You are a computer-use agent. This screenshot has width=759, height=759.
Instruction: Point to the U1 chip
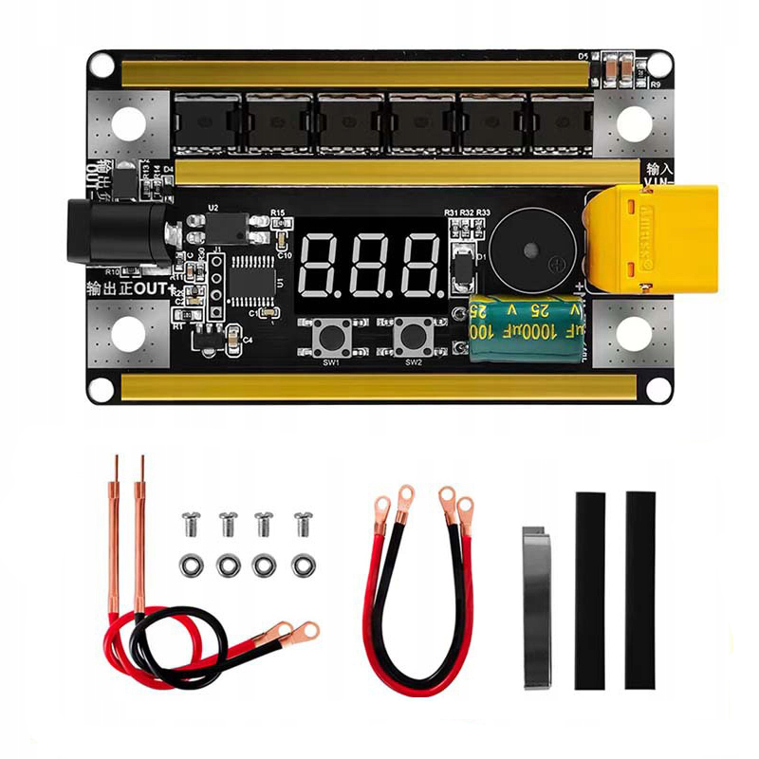(x=253, y=277)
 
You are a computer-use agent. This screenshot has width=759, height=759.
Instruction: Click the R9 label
(x=654, y=84)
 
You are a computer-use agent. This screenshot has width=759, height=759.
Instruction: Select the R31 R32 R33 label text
(x=467, y=212)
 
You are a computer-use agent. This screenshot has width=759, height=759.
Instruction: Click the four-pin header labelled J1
(x=216, y=285)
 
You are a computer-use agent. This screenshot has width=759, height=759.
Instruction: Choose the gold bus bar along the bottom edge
(x=379, y=385)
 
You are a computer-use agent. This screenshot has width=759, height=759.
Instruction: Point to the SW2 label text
(x=413, y=361)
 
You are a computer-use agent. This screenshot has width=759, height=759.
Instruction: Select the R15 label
(x=278, y=212)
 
